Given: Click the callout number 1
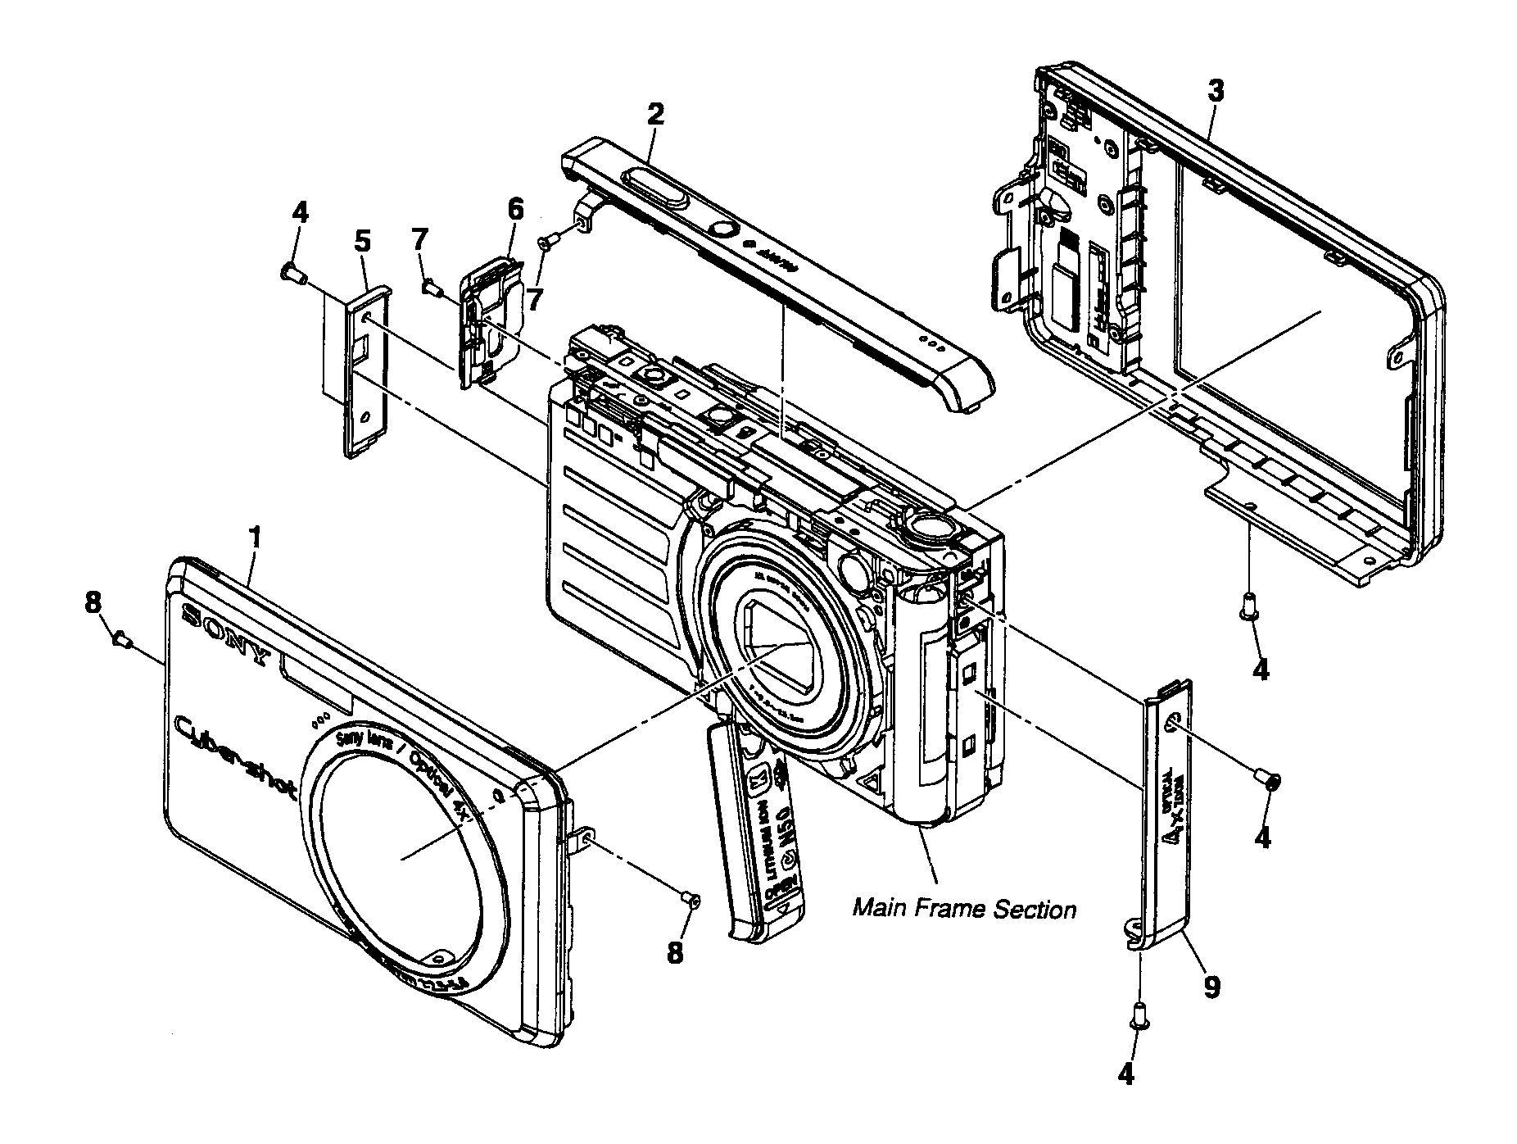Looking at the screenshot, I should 256,538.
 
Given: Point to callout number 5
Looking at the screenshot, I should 362,242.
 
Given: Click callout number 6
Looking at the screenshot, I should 514,210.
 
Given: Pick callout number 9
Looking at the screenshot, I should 1211,987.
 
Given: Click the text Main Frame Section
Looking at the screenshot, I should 964,909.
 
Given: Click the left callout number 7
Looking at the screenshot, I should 419,240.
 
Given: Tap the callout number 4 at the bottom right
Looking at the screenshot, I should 1127,1074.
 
